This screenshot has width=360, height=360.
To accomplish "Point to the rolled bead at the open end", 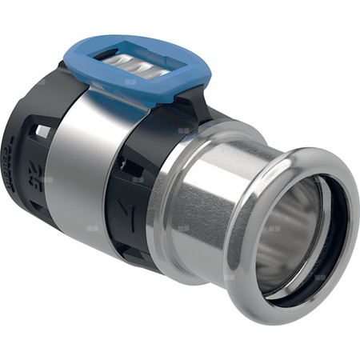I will [x=296, y=232].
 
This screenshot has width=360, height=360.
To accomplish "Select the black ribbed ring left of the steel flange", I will [x=128, y=208].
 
